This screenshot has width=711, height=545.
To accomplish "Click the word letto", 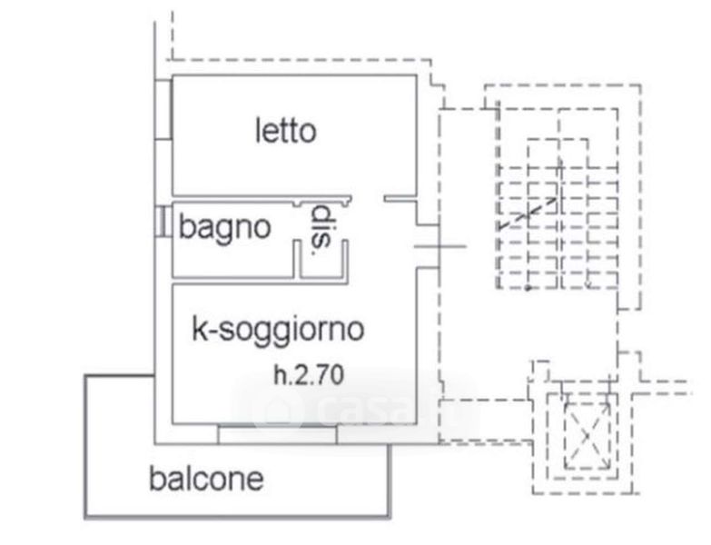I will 285,131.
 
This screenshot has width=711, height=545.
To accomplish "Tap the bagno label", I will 224,226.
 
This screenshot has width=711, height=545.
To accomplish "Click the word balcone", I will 206,478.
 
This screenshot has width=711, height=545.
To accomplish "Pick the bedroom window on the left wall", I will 163,109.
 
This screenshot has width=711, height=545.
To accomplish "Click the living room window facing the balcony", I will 278,436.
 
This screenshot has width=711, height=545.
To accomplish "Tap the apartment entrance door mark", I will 440,245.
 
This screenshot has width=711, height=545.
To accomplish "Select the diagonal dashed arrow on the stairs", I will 527,213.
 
